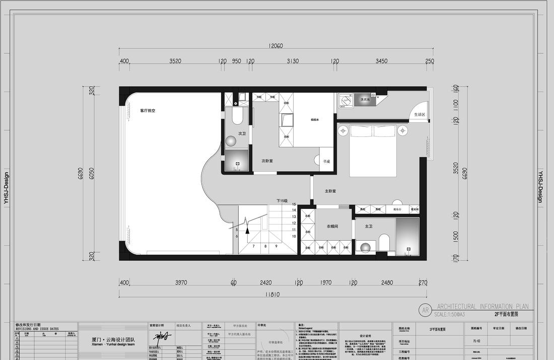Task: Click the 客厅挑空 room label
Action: (148, 110)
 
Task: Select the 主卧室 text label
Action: (330, 191)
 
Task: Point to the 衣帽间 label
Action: (332, 227)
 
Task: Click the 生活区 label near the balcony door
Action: (420, 115)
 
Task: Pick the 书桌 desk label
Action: (326, 161)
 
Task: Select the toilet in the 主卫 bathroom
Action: (384, 242)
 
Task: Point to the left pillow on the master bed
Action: (361, 131)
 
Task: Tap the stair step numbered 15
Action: (294, 204)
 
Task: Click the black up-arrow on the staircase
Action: (247, 231)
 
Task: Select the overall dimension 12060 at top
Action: (275, 46)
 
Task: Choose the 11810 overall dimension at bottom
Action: (272, 295)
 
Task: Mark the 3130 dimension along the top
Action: (293, 61)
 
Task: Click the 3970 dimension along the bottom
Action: (181, 283)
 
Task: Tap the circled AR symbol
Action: (425, 310)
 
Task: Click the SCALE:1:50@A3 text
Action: (449, 314)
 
